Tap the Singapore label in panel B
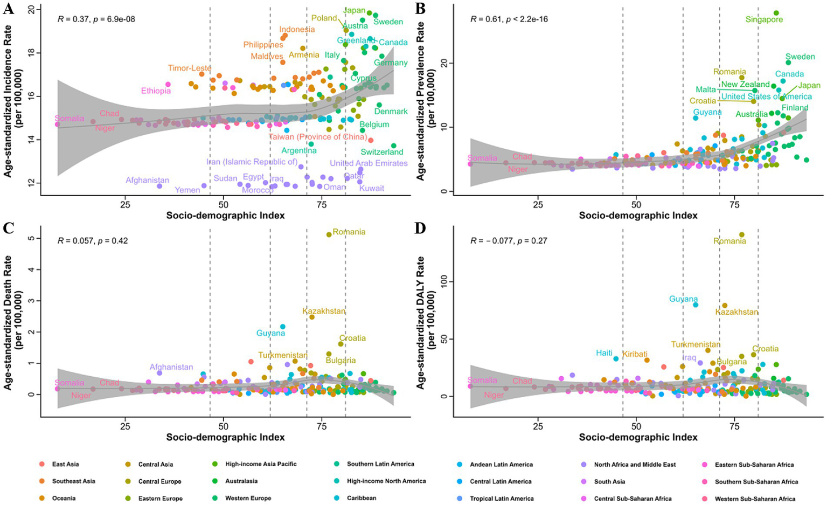point(764,20)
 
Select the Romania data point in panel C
point(329,234)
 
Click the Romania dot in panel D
point(742,234)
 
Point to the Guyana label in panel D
point(683,299)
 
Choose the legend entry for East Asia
point(65,464)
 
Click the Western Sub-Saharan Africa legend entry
point(755,499)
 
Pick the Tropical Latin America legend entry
point(502,499)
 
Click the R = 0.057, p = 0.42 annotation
point(93,241)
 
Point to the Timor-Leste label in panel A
point(190,68)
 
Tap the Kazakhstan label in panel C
point(324,312)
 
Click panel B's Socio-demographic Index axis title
point(638,216)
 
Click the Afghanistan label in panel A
point(147,181)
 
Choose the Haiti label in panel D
point(604,353)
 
